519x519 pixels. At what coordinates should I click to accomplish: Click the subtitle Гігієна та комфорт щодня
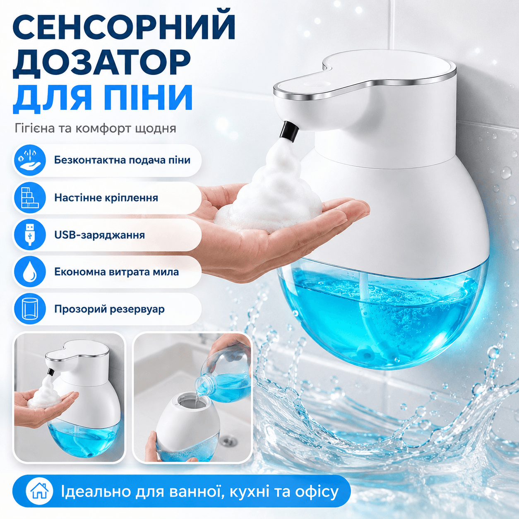pos(95,128)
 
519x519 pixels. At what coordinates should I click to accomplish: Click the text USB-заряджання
pos(100,235)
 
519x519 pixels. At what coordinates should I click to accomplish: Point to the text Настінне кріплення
pos(106,198)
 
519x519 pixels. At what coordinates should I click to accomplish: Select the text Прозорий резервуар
pos(109,309)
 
